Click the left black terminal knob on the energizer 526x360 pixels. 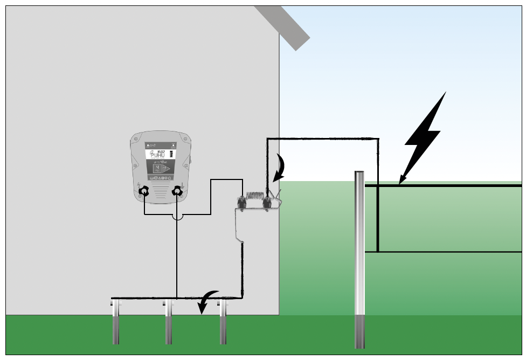[x=144, y=191]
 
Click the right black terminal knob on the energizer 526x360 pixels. [x=177, y=191]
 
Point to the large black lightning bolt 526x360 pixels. [x=426, y=135]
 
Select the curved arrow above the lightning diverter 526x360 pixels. [x=280, y=168]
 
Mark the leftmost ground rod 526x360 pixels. [x=116, y=323]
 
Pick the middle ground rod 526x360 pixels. [x=169, y=323]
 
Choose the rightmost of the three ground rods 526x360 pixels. [x=223, y=323]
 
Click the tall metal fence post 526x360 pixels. [x=359, y=259]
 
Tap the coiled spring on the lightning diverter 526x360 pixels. [x=254, y=196]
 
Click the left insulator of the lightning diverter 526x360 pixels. [x=242, y=204]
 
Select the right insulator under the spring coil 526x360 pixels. [x=266, y=204]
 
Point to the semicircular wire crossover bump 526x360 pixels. [x=177, y=217]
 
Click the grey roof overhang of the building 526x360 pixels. [x=283, y=27]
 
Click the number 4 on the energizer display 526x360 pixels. [x=157, y=168]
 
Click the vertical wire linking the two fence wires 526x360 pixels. [x=378, y=218]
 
